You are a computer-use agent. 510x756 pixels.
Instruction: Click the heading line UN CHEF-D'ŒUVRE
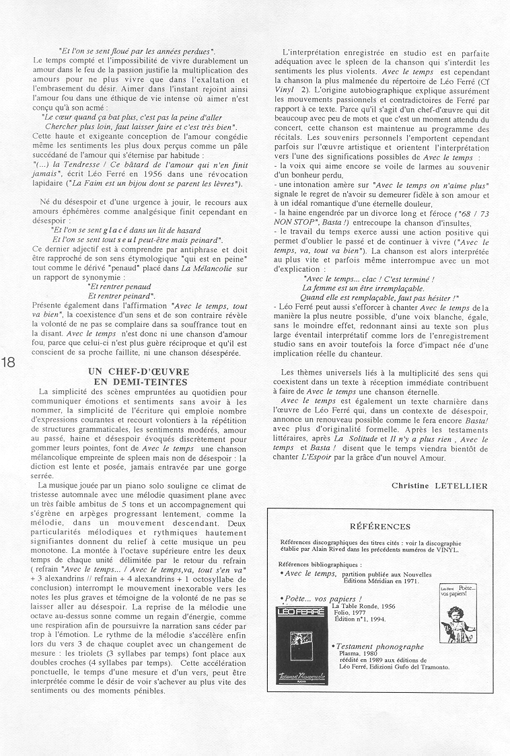click(x=139, y=372)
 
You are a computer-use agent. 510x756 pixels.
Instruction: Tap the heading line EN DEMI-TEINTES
click(x=139, y=381)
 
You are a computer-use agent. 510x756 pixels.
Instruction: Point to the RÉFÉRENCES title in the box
click(x=380, y=526)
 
